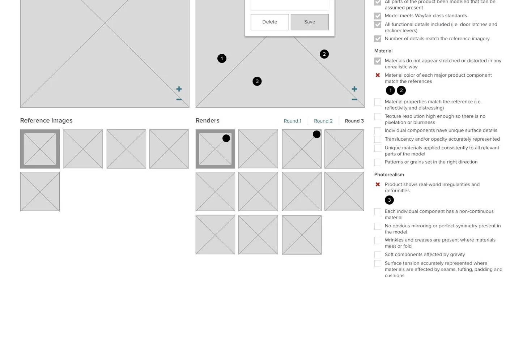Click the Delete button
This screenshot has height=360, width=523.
270,22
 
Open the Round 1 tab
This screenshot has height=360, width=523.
292,121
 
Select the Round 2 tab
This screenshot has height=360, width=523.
323,121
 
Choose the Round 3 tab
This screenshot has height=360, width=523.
354,121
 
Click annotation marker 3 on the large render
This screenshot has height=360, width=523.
257,81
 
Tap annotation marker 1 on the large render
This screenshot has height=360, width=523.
222,58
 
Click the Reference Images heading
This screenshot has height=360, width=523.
46,120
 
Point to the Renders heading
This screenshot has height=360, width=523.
207,120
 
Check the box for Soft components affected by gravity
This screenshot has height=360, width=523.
378,254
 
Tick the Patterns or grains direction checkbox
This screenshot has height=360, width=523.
378,162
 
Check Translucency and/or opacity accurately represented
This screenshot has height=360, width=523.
378,139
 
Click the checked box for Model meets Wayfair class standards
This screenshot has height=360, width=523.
378,16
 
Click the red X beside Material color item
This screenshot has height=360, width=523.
378,75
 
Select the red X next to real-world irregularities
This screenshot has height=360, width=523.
378,184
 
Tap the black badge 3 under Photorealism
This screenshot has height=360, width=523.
389,200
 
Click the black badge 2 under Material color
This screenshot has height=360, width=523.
401,90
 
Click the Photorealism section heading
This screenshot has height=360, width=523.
389,175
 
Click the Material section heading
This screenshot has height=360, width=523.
383,51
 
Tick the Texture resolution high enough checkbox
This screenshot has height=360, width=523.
378,116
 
